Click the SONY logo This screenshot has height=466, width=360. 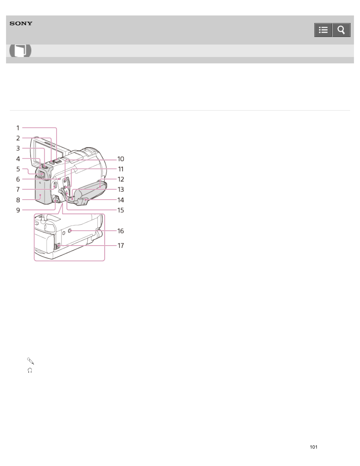point(21,23)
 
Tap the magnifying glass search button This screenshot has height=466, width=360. point(341,30)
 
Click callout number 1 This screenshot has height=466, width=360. point(18,128)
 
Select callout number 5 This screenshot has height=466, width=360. point(18,169)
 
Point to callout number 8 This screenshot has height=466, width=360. point(18,200)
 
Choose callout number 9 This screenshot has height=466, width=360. point(18,210)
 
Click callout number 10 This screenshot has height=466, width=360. point(121,159)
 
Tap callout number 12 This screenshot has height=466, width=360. point(121,179)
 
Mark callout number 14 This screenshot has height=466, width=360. point(121,200)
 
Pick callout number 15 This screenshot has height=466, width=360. point(121,210)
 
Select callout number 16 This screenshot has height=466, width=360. point(121,231)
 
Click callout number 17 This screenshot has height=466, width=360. point(121,246)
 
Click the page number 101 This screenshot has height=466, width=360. point(314,447)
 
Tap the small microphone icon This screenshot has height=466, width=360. point(31,361)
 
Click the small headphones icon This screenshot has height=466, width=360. point(30,371)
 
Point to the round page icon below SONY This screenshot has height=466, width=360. point(20,51)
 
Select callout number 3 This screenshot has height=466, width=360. point(18,148)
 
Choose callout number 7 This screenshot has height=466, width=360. point(18,189)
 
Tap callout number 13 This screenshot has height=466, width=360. point(121,189)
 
